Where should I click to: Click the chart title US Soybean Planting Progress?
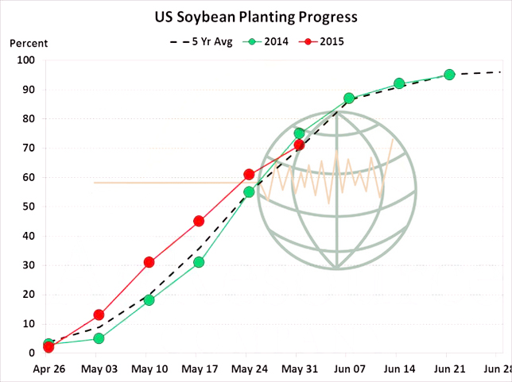255,16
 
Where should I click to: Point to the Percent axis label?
29,43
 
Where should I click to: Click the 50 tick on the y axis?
28,206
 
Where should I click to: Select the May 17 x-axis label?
199,370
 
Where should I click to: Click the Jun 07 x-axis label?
349,370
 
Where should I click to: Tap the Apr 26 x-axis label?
48,370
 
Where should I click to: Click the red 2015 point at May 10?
149,262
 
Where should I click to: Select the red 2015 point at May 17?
199,221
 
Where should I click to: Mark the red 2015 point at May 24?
249,174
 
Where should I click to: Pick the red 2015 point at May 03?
99,314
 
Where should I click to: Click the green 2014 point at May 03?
99,338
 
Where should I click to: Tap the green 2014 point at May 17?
199,262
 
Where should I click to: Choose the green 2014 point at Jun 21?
449,75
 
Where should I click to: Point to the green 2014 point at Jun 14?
399,83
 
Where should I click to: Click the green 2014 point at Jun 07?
349,98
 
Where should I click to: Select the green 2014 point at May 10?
149,300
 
